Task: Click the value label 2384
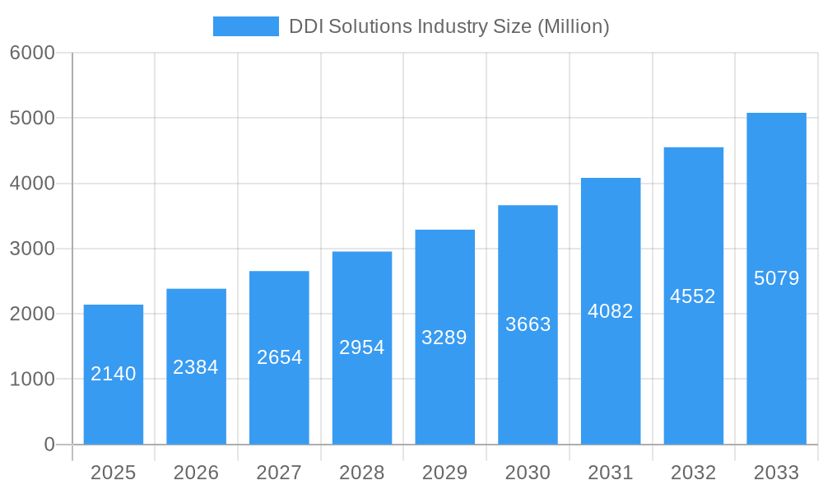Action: [x=196, y=367]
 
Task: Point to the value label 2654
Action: [x=280, y=357]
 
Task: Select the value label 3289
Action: [x=444, y=338]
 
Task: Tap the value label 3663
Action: [x=528, y=324]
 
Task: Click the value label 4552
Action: [x=693, y=296]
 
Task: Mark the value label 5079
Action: [x=776, y=278]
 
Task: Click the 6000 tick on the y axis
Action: [x=32, y=53]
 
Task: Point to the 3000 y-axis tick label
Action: [x=32, y=249]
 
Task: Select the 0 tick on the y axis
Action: [x=49, y=445]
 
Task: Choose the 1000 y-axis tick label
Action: [x=32, y=380]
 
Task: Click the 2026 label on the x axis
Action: [x=196, y=473]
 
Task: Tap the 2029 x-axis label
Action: [x=444, y=473]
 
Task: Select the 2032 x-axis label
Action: [x=693, y=473]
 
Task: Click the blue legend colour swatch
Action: [x=245, y=26]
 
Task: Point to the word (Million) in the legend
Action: [x=573, y=26]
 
